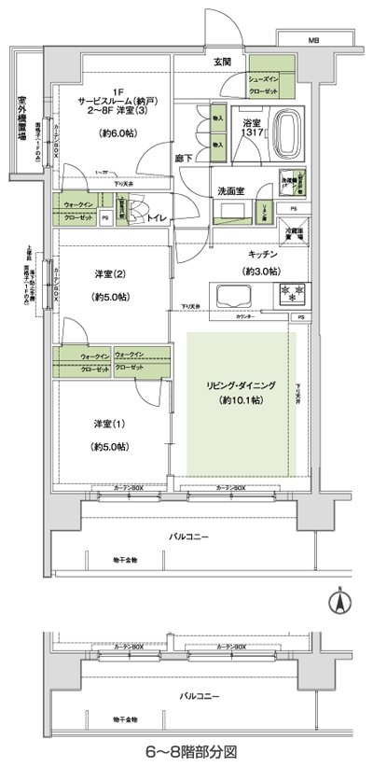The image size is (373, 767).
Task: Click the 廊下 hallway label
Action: (185, 159)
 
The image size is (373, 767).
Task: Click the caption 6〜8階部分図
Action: (186, 750)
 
